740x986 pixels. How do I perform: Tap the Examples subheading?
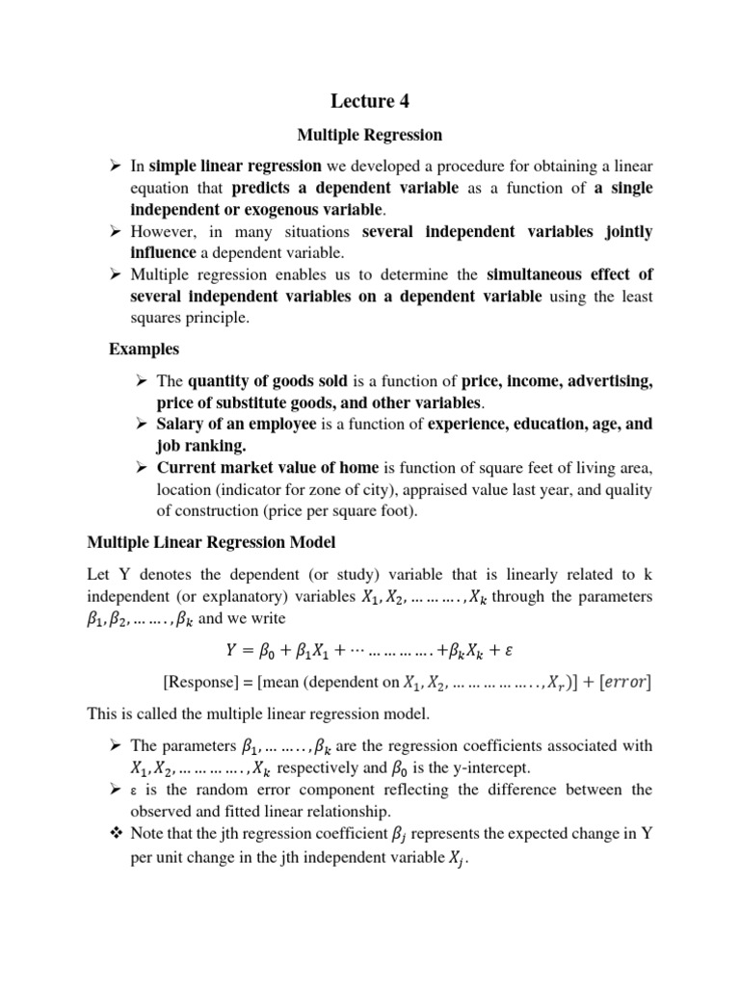click(144, 348)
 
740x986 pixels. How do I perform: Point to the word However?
click(165, 232)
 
